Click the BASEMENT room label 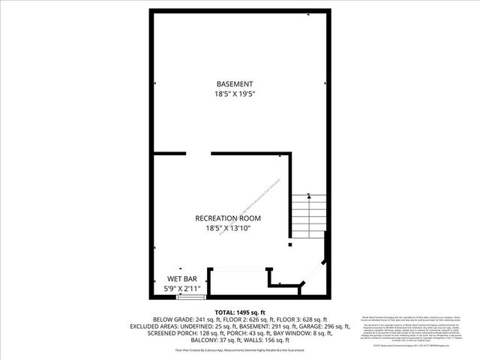(x=235, y=84)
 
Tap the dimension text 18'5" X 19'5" (x=235, y=94)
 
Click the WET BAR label (x=181, y=279)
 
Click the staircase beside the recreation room (x=308, y=216)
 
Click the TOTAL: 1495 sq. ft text (x=240, y=312)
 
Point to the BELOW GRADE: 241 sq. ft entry (x=178, y=319)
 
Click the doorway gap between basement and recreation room (x=199, y=154)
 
